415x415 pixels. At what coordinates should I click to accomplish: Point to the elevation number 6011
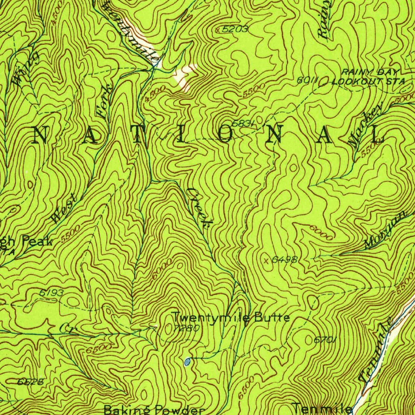306,81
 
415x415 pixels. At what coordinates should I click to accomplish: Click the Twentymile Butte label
230,317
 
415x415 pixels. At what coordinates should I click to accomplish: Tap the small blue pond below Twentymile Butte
187,362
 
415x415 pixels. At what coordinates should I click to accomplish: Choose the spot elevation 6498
285,260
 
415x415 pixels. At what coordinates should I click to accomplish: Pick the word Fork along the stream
105,103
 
